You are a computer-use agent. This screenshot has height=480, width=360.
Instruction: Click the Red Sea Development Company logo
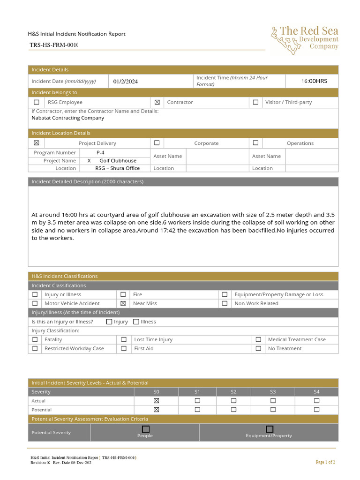click(304, 39)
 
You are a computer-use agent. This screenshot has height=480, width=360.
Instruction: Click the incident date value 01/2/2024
click(126, 82)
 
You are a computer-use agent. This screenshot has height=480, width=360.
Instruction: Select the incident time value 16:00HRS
click(314, 81)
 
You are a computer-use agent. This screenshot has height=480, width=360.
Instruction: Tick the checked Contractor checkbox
click(157, 102)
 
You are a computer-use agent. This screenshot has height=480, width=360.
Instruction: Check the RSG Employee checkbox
click(37, 102)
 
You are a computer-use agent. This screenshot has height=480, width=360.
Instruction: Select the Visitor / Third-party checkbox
click(255, 102)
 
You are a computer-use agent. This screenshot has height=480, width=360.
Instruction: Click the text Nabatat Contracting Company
click(68, 118)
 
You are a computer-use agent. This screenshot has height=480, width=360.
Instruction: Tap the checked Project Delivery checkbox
click(37, 143)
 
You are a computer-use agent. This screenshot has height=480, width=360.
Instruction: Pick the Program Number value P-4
click(100, 153)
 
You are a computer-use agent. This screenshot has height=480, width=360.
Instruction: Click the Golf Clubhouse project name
click(118, 161)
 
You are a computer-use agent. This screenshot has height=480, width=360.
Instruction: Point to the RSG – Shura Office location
click(117, 168)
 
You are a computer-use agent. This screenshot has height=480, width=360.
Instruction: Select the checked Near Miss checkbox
click(123, 304)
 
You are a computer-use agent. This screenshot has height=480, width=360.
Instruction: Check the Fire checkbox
click(123, 295)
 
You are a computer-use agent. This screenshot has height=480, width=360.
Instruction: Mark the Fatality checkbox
click(35, 340)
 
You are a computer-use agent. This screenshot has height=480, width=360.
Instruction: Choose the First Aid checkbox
click(124, 349)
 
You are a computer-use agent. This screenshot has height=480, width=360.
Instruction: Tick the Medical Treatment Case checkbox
click(258, 340)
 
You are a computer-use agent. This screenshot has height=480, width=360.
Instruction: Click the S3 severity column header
click(273, 392)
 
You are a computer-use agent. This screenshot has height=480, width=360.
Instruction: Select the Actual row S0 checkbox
click(157, 401)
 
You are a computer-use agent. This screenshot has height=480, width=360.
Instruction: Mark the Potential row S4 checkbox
click(316, 410)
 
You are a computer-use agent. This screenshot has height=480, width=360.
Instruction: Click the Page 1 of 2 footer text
click(325, 462)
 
